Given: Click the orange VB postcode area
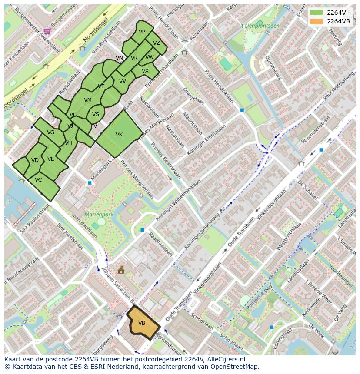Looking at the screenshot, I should click(143, 323).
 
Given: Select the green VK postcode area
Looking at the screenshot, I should click(119, 134).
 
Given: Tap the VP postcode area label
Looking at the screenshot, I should click(142, 32).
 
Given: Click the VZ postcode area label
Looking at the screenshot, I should click(157, 43).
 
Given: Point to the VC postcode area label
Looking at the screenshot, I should click(38, 180).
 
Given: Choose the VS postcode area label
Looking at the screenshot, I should click(96, 114).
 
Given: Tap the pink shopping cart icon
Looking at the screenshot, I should click(47, 31).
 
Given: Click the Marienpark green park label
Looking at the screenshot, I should click(99, 215).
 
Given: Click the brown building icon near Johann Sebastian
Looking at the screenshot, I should click(121, 270).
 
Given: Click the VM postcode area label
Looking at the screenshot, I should click(88, 100).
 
